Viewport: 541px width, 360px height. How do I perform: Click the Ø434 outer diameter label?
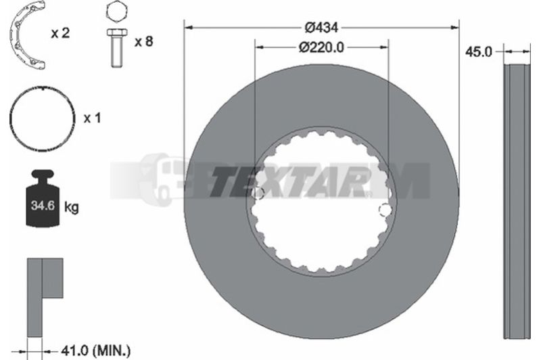pyautogui.click(x=321, y=27)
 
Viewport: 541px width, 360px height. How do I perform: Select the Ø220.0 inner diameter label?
pyautogui.click(x=321, y=47)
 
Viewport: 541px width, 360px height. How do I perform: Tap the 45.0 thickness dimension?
pyautogui.click(x=478, y=52)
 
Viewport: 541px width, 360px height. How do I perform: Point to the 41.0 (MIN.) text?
pyautogui.click(x=95, y=351)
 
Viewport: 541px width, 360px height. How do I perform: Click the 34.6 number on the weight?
pyautogui.click(x=43, y=206)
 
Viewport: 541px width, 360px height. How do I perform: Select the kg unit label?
pyautogui.click(x=72, y=207)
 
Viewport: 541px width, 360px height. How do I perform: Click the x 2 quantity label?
pyautogui.click(x=60, y=33)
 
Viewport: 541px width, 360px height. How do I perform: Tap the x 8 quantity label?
pyautogui.click(x=143, y=41)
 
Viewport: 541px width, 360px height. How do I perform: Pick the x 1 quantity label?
pyautogui.click(x=92, y=118)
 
